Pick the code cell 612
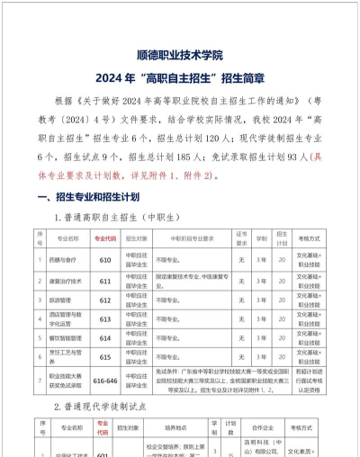click(x=104, y=300)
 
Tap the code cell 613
click(x=104, y=318)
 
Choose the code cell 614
click(x=104, y=338)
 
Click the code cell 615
click(x=104, y=357)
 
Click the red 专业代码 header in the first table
click(x=104, y=240)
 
